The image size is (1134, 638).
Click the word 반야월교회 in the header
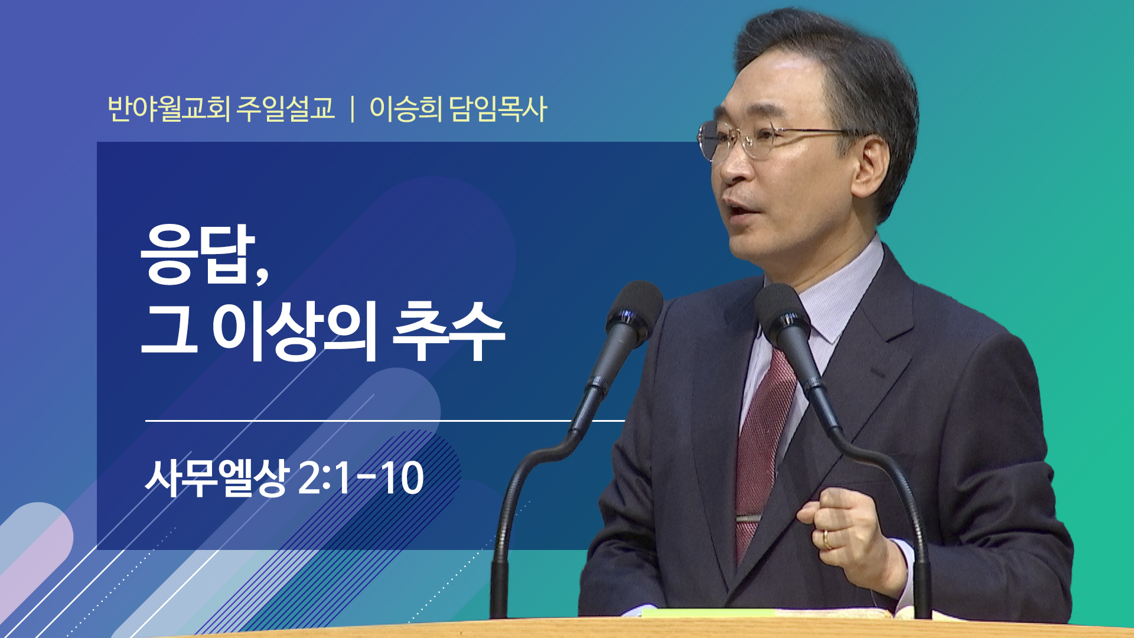[169, 109]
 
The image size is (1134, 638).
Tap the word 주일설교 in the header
[286, 109]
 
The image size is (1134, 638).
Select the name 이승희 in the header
[406, 109]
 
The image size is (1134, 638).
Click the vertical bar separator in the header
[352, 109]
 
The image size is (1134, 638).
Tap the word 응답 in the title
[197, 254]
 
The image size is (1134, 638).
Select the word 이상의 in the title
[294, 331]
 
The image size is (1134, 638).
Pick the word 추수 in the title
[449, 331]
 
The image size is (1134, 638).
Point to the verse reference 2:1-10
[361, 478]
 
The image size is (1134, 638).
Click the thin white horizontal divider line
[385, 421]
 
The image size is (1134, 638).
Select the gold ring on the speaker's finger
[826, 539]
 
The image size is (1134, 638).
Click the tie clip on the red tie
[748, 519]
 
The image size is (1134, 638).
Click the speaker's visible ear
[869, 166]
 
